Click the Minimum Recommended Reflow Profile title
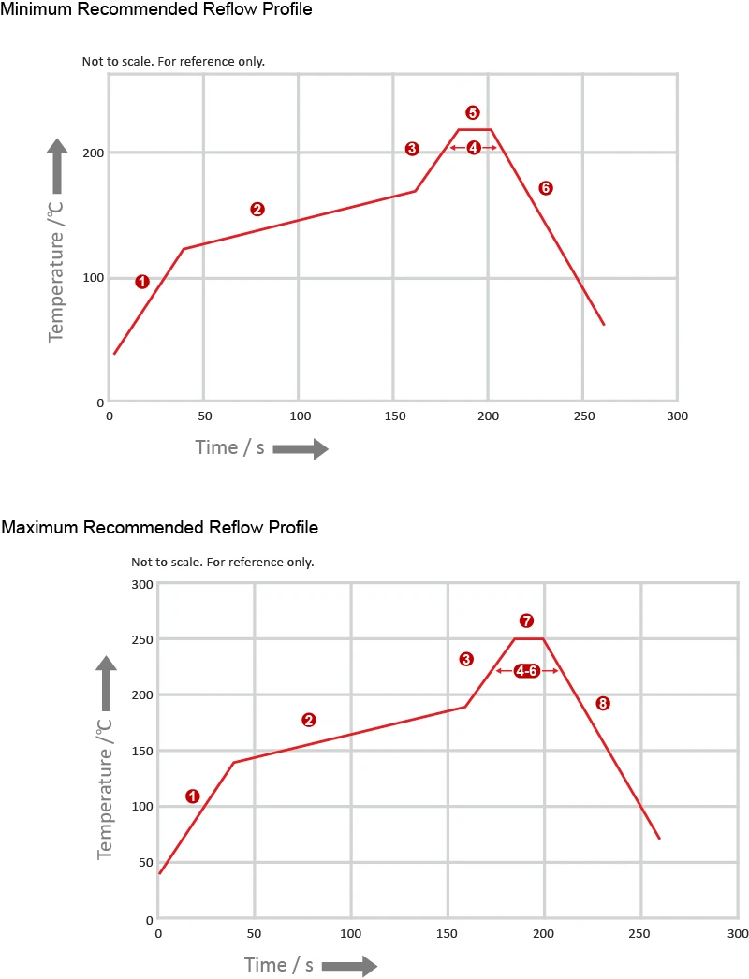(x=156, y=9)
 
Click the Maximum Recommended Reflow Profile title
(x=159, y=528)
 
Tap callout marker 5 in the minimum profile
(x=473, y=112)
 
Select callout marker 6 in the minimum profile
(x=546, y=188)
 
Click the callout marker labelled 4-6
(x=527, y=671)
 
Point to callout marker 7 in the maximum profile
(x=526, y=621)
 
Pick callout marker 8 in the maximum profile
(x=603, y=703)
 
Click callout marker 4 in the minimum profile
(x=473, y=148)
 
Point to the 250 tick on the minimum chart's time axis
(x=582, y=416)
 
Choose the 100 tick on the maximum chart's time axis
(x=351, y=933)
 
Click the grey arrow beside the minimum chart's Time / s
(x=301, y=449)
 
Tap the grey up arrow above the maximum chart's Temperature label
(x=107, y=682)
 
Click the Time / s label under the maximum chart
(x=279, y=965)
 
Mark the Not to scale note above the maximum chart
(x=222, y=563)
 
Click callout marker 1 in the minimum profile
(x=142, y=281)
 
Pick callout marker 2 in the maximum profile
(x=309, y=720)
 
